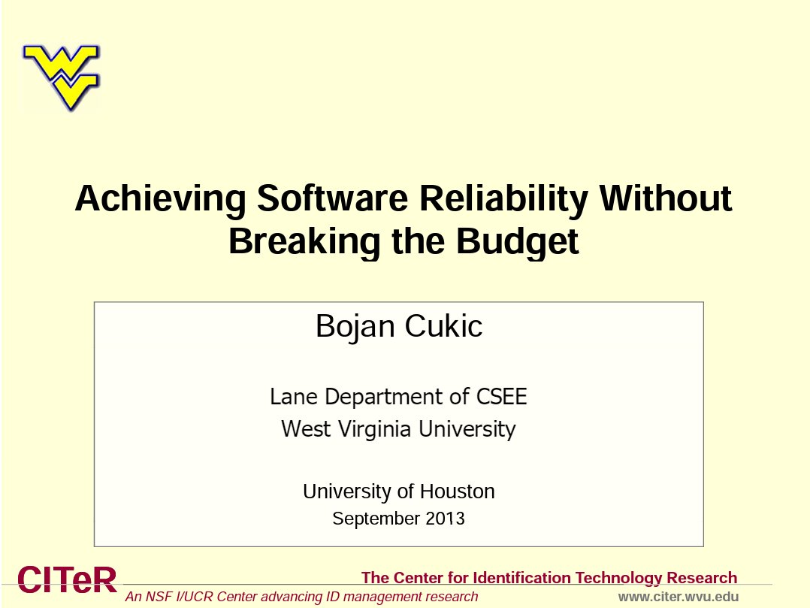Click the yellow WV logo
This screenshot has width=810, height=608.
[x=61, y=77]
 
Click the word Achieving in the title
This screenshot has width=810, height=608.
[x=161, y=199]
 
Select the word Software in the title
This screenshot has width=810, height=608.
[x=333, y=198]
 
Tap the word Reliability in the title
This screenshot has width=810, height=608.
[x=503, y=199]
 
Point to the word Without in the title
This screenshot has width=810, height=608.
[x=666, y=198]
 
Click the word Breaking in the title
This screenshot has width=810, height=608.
[x=304, y=242]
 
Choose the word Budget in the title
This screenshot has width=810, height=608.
[x=518, y=242]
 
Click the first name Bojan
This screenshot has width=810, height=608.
[x=355, y=327]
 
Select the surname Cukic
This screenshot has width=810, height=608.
[x=443, y=326]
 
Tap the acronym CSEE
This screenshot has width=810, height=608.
[x=501, y=397]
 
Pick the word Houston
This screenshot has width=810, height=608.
[x=457, y=492]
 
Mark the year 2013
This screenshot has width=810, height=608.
[x=446, y=518]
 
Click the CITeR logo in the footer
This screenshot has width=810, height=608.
[x=67, y=579]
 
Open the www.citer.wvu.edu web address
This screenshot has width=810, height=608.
[x=679, y=597]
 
